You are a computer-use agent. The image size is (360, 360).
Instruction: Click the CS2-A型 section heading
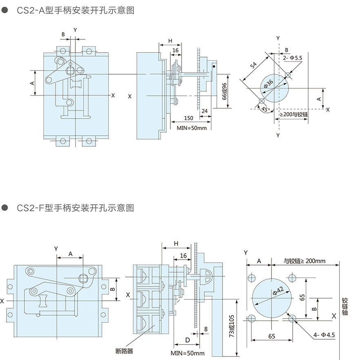click(x=75, y=11)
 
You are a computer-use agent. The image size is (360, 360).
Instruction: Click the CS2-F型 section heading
click(x=75, y=208)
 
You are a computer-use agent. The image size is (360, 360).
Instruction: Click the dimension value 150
click(x=188, y=118)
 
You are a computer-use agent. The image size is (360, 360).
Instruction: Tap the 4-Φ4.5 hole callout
click(x=324, y=336)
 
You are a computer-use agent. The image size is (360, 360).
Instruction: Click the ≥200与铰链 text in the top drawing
click(x=294, y=115)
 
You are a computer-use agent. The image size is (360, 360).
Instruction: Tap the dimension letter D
click(x=187, y=340)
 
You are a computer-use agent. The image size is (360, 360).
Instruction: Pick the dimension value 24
click(x=204, y=110)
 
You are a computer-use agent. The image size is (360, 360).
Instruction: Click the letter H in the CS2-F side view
click(x=176, y=243)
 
